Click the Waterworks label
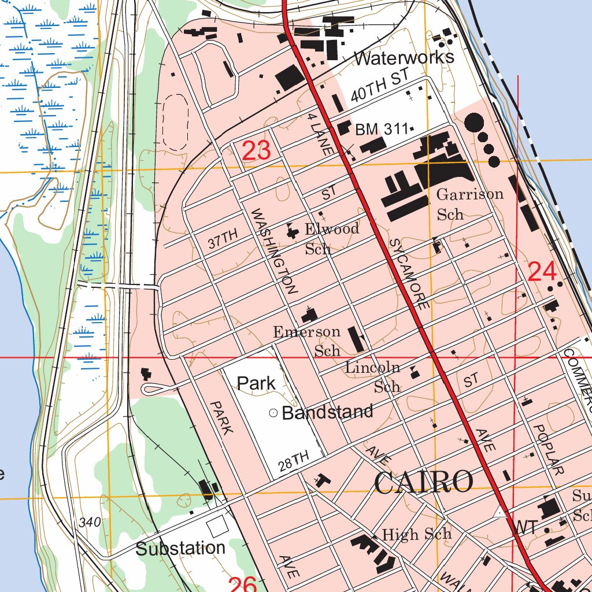(404, 58)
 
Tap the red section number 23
(256, 151)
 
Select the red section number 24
(542, 271)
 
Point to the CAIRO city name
(424, 482)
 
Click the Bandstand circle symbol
(273, 413)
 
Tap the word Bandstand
(327, 412)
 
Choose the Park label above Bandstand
(257, 383)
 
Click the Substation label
(180, 548)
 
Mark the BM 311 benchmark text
(382, 130)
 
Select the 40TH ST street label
(380, 85)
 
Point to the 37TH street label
(223, 239)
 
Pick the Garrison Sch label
(469, 203)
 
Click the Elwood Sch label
(332, 238)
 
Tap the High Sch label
(417, 534)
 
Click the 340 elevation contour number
(91, 523)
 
